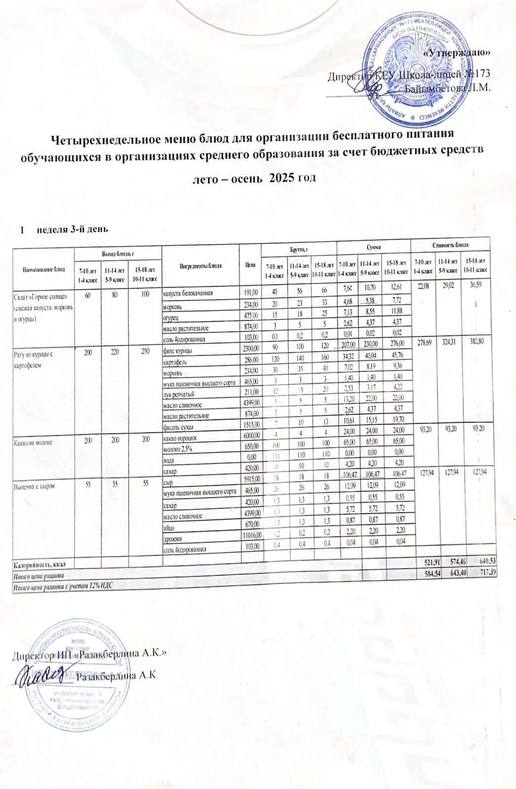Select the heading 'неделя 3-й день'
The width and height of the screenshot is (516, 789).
[72, 229]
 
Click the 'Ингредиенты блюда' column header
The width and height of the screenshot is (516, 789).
[201, 265]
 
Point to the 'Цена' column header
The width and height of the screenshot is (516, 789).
[250, 265]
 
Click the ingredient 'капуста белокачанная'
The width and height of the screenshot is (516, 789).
[188, 293]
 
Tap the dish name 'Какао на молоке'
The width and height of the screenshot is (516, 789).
[34, 442]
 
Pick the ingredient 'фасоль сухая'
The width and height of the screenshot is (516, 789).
[178, 427]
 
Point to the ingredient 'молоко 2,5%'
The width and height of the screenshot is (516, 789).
[178, 449]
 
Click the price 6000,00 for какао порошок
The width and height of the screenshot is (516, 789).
[251, 438]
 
